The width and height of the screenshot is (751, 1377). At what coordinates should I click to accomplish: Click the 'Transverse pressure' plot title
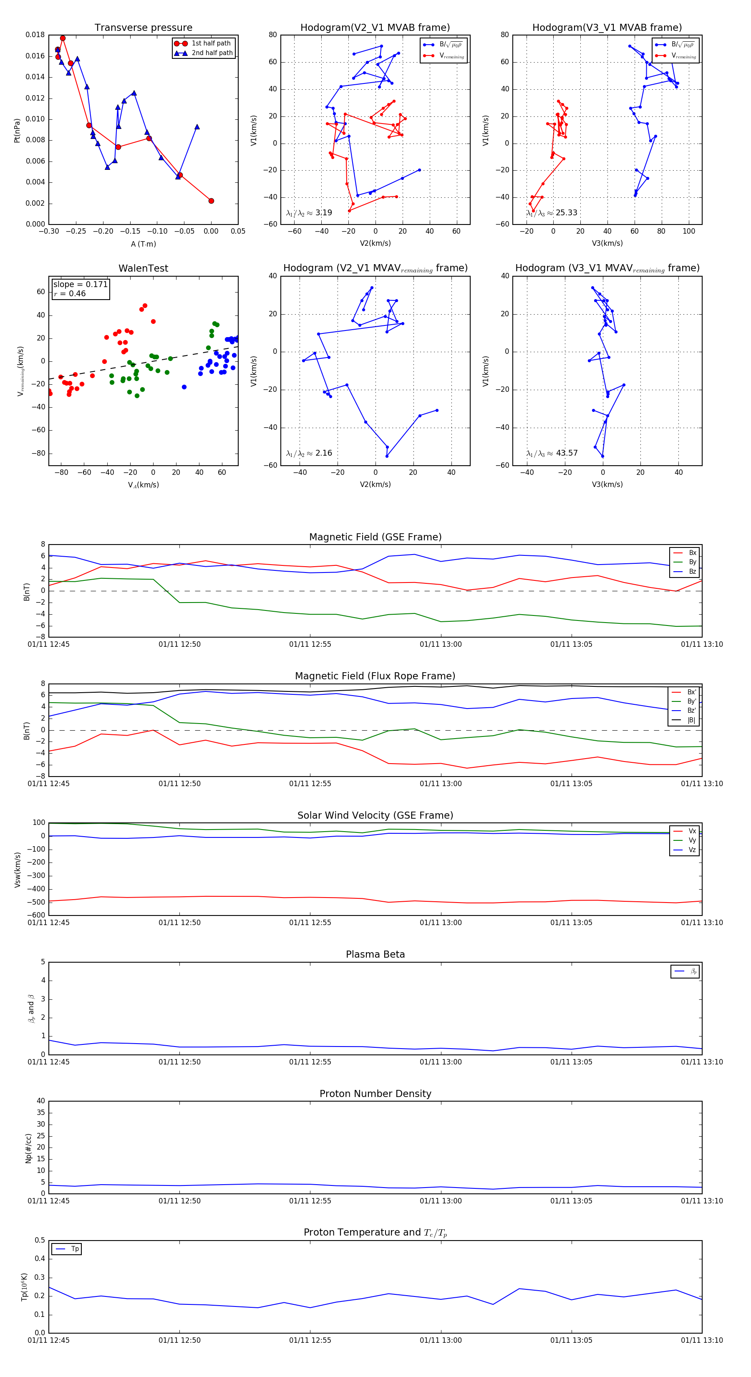point(143,28)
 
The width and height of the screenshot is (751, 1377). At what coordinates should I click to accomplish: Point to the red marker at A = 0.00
point(211,201)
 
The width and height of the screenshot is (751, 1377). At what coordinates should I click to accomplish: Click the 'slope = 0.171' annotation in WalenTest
point(80,285)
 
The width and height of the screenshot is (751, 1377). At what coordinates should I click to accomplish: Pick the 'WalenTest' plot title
point(143,268)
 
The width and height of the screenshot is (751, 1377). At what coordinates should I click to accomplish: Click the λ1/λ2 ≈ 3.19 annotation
point(309,213)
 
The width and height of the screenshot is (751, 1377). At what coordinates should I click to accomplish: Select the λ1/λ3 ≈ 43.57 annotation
point(552,453)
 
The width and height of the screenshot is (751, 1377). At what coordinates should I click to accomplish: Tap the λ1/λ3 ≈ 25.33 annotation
point(552,213)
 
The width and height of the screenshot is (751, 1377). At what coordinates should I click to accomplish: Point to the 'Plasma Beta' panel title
point(375,954)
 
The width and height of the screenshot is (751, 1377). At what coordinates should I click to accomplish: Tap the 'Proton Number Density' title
point(375,1093)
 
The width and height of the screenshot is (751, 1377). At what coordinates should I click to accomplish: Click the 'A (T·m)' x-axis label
point(143,244)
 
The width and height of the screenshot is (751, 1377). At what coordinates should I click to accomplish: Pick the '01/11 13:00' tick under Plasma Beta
point(441,1062)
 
